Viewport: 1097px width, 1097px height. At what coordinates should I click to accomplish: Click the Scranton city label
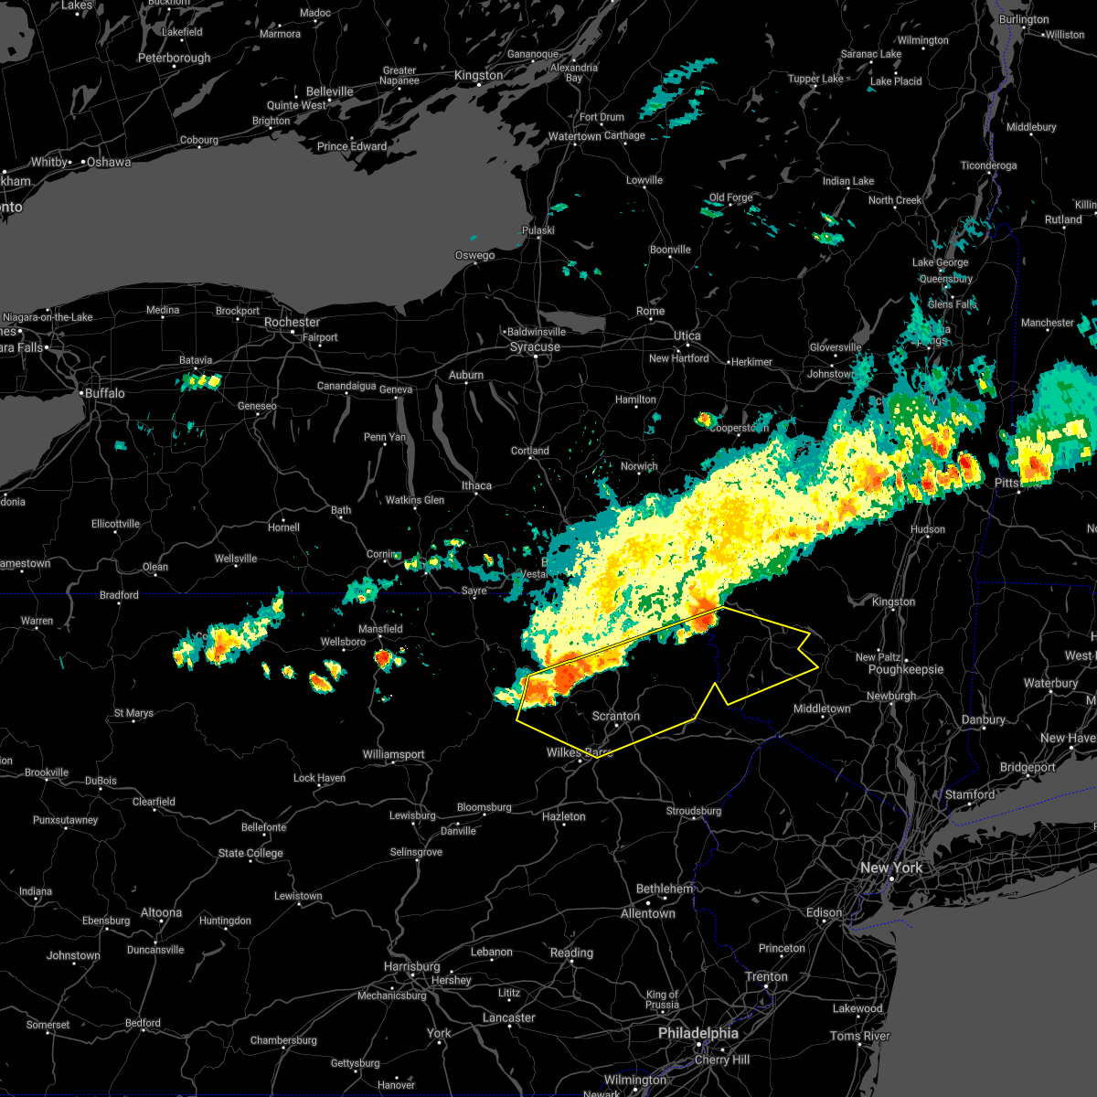615,716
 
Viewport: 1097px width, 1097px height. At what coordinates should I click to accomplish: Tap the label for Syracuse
535,347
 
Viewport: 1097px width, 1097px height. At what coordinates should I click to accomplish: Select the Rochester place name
292,322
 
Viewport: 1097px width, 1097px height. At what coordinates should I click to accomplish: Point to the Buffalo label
103,393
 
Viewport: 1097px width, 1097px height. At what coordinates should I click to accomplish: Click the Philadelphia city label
698,1033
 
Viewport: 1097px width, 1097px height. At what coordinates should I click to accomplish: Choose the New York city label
890,868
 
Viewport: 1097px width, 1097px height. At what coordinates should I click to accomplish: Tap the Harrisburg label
411,966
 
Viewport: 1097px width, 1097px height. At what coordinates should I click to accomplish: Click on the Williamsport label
393,754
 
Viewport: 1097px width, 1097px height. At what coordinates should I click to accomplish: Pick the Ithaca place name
476,485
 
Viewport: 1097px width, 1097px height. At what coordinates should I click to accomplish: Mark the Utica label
687,335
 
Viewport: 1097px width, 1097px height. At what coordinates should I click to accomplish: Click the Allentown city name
647,913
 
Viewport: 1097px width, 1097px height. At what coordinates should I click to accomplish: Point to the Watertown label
574,136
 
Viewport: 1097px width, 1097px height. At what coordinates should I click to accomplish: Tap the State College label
250,853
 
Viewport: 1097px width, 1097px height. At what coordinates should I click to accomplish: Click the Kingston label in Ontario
478,75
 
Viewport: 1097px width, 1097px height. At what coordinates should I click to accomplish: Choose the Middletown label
822,708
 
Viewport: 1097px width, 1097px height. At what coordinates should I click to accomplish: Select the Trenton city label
765,976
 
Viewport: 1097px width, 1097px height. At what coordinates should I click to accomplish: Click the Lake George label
940,262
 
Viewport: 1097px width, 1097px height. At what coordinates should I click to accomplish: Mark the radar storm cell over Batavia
201,380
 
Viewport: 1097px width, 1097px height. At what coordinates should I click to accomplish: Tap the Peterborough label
174,58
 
